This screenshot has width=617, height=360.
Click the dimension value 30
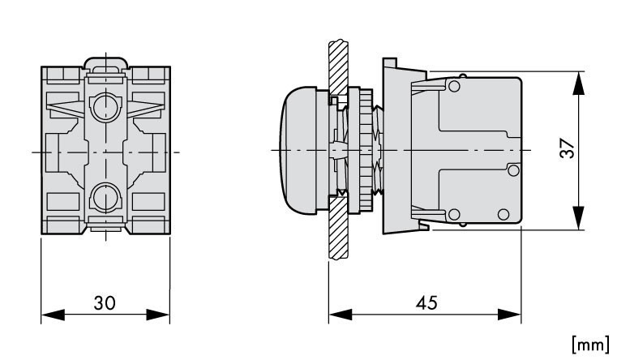click(x=105, y=303)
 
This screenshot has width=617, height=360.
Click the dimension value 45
click(x=426, y=303)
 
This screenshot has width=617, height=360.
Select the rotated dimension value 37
click(x=568, y=148)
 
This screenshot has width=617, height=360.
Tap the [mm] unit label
click(x=590, y=345)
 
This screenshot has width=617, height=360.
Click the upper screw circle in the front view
click(x=106, y=106)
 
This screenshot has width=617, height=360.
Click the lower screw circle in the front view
click(x=106, y=198)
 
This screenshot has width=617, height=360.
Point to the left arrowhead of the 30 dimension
click(x=53, y=315)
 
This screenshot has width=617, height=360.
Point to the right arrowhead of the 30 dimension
click(x=158, y=315)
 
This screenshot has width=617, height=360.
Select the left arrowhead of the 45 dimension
click(x=341, y=315)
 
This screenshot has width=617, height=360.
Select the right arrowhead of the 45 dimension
click(x=509, y=315)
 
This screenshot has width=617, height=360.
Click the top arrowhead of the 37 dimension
click(x=578, y=83)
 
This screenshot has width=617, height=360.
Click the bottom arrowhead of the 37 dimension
click(x=578, y=217)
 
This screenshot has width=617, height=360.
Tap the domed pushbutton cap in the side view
click(x=299, y=150)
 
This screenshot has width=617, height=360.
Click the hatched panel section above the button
click(x=338, y=67)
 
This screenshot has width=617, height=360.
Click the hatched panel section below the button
click(x=338, y=228)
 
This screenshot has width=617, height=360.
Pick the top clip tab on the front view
click(x=106, y=63)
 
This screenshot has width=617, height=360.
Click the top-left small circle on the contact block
click(x=454, y=86)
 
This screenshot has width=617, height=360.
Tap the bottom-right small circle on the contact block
click(x=503, y=214)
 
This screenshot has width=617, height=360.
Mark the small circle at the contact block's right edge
click(x=513, y=170)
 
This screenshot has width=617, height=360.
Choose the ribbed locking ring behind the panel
click(x=366, y=150)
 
